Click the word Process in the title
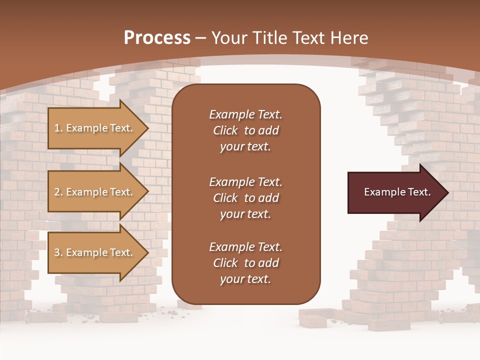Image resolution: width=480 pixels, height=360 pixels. tap(157, 38)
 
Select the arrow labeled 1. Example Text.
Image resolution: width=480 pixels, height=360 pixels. tap(95, 128)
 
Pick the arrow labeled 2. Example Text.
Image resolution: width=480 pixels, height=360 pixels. tap(95, 192)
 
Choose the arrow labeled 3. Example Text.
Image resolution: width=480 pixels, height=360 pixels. tap(95, 252)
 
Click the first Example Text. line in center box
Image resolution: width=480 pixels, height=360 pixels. tap(245, 114)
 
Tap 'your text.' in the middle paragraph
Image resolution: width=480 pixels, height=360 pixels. tap(245, 214)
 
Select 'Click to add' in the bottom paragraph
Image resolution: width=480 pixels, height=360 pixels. tap(245, 263)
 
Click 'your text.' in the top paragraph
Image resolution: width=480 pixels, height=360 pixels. tap(245, 146)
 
